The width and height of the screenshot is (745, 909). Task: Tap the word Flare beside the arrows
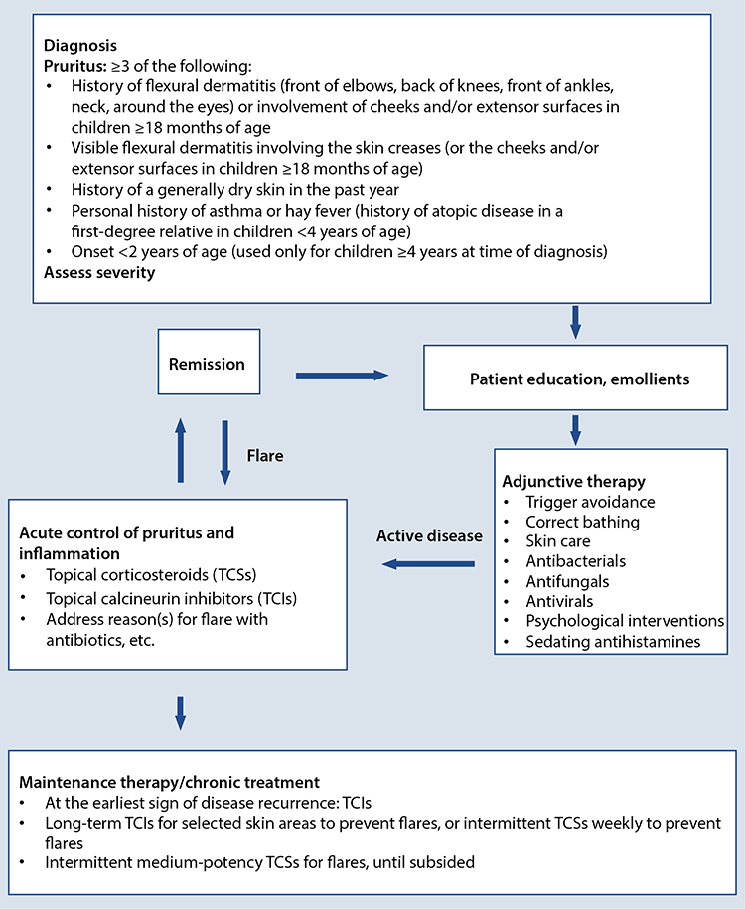[265, 456]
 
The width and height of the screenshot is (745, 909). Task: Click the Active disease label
[429, 535]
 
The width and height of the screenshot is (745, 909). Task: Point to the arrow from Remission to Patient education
[342, 376]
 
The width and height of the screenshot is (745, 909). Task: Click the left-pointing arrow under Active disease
[428, 563]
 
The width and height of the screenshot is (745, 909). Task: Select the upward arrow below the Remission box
[181, 450]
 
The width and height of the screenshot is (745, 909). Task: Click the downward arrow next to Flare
[224, 453]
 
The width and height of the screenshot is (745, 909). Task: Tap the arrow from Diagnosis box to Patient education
[575, 322]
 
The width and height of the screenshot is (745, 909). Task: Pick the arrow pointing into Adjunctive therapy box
[575, 430]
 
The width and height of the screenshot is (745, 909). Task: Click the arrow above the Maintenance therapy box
[181, 713]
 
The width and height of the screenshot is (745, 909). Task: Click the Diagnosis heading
[80, 46]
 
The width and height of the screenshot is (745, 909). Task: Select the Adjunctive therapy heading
[573, 481]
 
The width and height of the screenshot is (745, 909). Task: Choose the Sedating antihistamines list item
[613, 641]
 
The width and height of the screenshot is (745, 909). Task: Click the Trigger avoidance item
[590, 502]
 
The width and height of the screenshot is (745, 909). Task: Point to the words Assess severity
[99, 272]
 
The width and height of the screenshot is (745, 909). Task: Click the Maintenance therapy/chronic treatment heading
[169, 782]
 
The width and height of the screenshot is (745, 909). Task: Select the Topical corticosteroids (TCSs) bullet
[151, 574]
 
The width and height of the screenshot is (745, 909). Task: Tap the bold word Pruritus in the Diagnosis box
[75, 66]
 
